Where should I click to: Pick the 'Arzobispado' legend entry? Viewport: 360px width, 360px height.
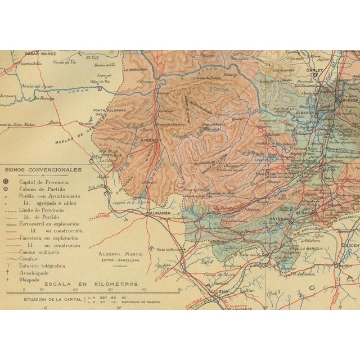coord(36,271)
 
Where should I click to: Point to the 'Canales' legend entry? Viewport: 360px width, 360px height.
coord(30,258)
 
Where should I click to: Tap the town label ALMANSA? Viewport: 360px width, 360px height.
coord(158,214)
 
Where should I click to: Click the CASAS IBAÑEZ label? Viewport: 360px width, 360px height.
coord(42,53)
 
